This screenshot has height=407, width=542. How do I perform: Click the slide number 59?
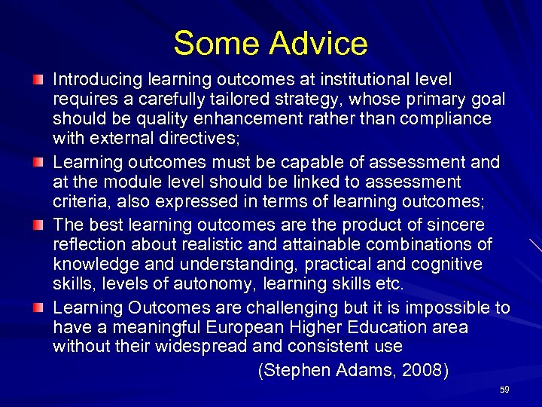504,390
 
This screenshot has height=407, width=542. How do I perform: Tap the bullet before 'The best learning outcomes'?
38,225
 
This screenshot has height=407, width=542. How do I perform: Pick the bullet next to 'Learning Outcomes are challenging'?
38,308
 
